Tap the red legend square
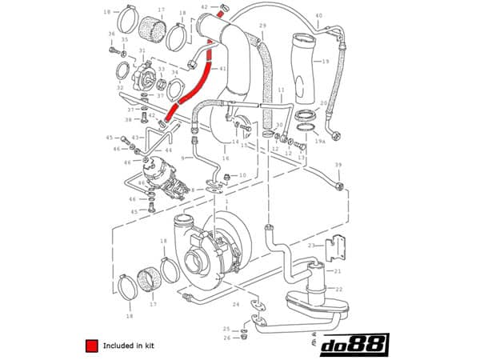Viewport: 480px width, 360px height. click(92, 346)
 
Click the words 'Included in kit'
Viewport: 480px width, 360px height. click(130, 346)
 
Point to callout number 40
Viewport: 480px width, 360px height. click(318, 16)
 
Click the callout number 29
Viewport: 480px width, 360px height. click(262, 27)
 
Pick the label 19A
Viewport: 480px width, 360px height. click(321, 140)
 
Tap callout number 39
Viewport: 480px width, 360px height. click(337, 165)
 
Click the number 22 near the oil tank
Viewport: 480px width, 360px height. click(338, 289)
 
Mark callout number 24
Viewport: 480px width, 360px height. click(235, 305)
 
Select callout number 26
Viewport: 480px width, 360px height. click(226, 338)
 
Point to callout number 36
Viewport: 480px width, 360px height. click(112, 34)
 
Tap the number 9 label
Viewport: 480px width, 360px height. click(182, 159)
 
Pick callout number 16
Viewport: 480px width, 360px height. click(226, 159)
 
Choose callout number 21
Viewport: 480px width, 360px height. click(338, 271)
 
